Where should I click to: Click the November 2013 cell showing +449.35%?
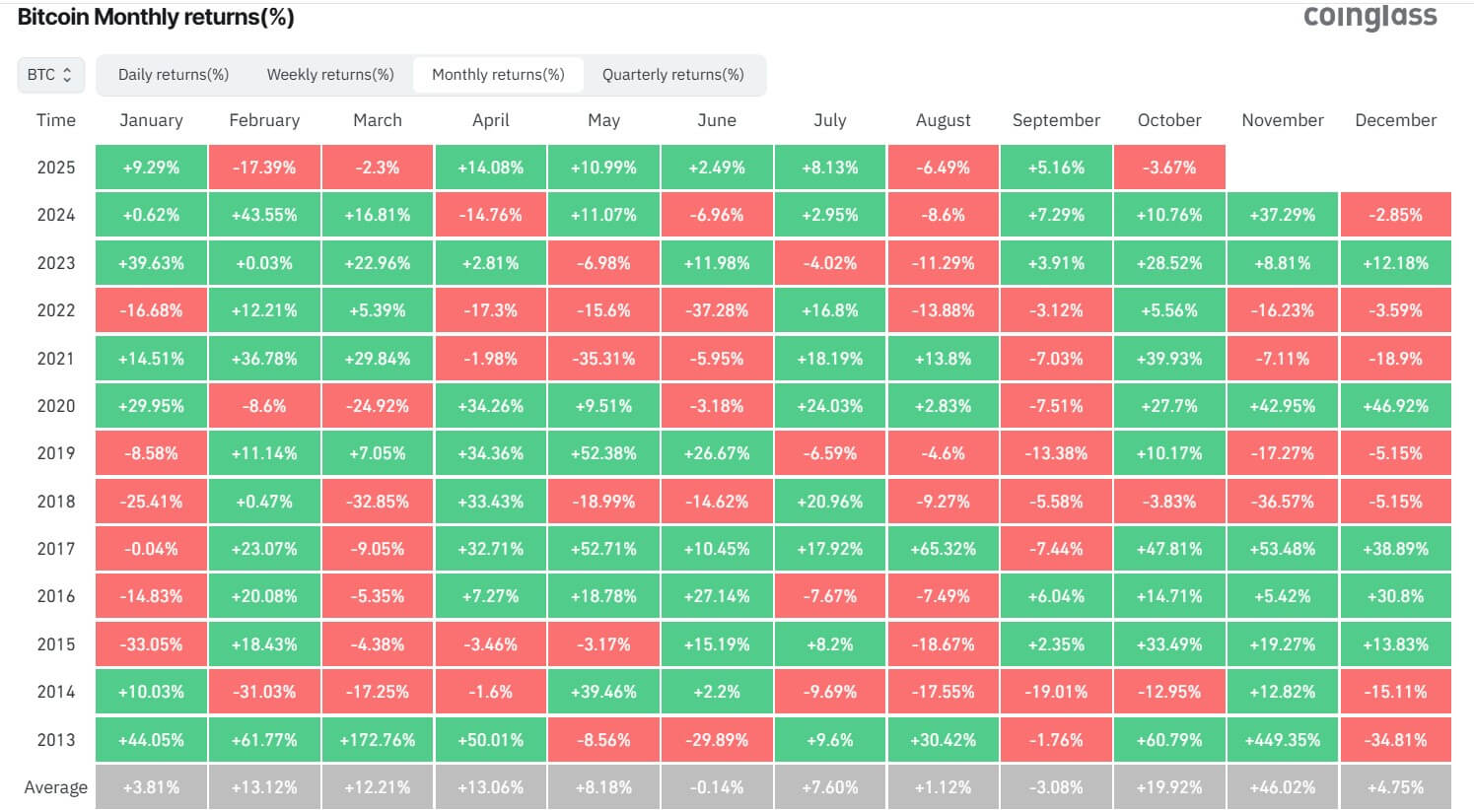click(x=1283, y=739)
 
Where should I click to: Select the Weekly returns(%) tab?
click(x=330, y=75)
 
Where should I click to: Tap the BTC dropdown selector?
click(x=50, y=75)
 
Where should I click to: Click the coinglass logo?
click(x=1369, y=17)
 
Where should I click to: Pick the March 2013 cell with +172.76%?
click(x=378, y=739)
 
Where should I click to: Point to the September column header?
click(x=1056, y=120)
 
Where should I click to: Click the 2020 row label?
click(x=55, y=406)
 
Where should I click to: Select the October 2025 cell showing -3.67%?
click(x=1169, y=168)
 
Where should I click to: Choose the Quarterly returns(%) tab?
click(x=672, y=75)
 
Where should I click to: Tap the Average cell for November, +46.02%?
click(x=1283, y=787)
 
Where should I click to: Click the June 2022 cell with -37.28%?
click(x=717, y=310)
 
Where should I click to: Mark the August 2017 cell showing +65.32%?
click(x=944, y=549)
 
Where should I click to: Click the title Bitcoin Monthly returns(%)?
click(x=156, y=17)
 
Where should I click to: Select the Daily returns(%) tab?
click(x=174, y=75)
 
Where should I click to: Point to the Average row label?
click(x=55, y=787)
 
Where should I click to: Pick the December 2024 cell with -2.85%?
click(x=1395, y=215)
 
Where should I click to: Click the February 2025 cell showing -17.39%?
click(x=264, y=168)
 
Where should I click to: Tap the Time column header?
click(x=55, y=120)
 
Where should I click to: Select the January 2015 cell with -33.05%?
click(x=151, y=644)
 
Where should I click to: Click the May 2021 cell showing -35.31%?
click(x=603, y=359)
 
